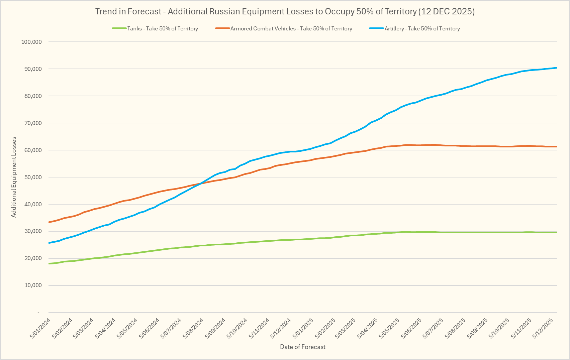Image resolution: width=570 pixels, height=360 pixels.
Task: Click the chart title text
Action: point(285,11)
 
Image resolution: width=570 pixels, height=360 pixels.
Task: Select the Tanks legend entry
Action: point(163,29)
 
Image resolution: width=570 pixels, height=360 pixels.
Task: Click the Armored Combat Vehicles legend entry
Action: point(291,29)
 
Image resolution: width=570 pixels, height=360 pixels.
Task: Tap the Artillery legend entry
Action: point(422,29)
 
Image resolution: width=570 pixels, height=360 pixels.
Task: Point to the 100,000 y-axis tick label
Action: point(31,42)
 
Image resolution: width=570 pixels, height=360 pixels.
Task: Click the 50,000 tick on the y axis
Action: point(32,177)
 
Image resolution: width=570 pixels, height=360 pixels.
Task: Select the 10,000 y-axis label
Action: point(32,285)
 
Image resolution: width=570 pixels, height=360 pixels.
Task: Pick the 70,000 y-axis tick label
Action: point(32,123)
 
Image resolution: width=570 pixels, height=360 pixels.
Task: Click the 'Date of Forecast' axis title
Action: point(302,347)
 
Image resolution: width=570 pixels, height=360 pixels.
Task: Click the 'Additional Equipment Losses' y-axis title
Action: point(14,177)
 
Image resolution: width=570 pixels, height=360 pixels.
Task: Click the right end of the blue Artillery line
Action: point(556,68)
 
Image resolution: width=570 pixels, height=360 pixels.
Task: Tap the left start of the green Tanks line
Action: point(50,264)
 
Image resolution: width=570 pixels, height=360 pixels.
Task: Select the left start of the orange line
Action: point(50,222)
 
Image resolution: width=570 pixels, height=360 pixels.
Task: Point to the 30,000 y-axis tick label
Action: point(32,231)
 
